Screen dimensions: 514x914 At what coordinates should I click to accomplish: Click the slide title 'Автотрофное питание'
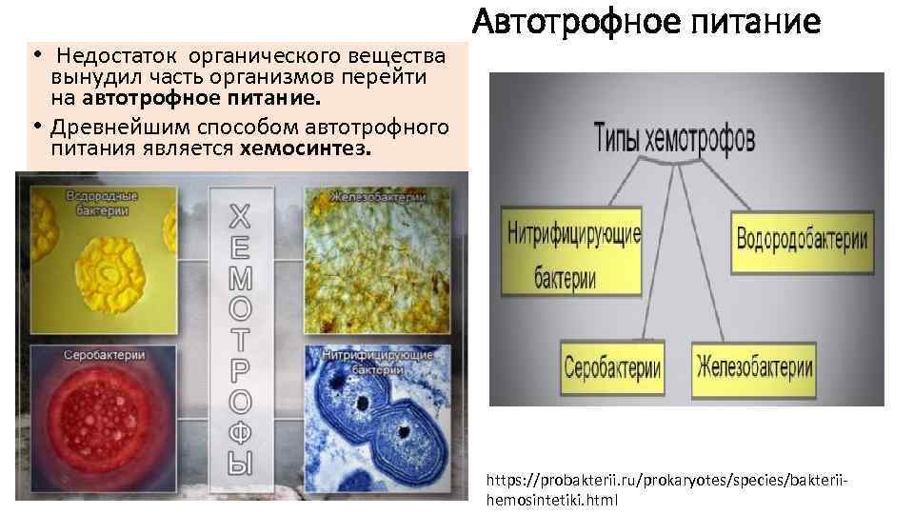[x=646, y=21]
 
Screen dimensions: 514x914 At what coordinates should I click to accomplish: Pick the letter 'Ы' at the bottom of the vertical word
[x=241, y=464]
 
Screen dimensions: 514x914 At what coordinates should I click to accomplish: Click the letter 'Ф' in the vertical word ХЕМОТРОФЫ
[x=241, y=432]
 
